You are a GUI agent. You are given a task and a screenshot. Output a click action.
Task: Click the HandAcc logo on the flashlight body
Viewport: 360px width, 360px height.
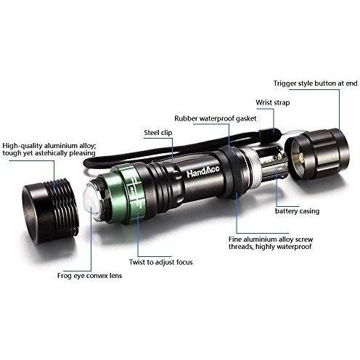[203, 171]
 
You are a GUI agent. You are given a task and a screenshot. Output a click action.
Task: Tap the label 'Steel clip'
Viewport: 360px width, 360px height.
[158, 133]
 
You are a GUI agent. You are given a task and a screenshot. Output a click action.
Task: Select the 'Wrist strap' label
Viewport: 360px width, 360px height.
[273, 102]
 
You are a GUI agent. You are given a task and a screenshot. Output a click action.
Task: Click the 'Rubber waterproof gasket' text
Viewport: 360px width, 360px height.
[216, 118]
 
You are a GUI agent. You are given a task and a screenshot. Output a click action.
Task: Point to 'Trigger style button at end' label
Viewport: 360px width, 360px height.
[316, 83]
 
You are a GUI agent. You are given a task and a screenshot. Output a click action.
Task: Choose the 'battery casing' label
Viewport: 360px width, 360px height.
[297, 211]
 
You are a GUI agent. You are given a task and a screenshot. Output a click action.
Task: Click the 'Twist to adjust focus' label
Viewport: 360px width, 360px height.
[160, 262]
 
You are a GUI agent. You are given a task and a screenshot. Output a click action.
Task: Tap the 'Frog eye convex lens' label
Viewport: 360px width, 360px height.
[89, 276]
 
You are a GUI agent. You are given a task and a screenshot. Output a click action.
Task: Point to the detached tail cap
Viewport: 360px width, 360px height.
[317, 154]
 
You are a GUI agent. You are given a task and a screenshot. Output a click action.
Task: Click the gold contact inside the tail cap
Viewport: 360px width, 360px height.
[300, 160]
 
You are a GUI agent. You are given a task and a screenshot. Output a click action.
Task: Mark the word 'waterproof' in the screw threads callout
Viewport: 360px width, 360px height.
[294, 247]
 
